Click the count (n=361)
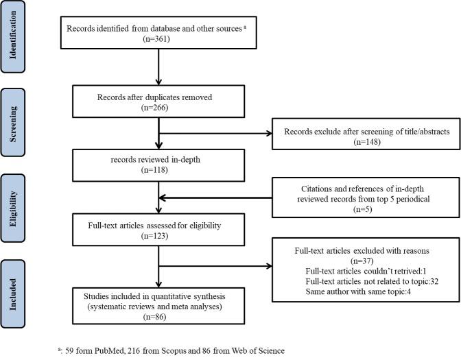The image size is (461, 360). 158,40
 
